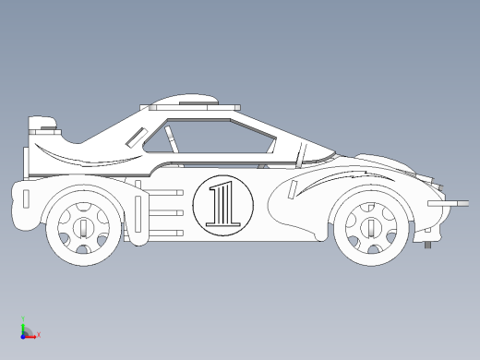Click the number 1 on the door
point(223,204)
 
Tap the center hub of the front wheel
point(371,228)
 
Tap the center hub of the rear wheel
point(83,228)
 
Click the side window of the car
point(210,137)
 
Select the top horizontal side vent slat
point(166,193)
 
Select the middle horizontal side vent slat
point(166,213)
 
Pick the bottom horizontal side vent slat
point(166,234)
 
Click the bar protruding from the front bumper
point(449,203)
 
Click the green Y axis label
point(23,318)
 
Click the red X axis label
point(39,334)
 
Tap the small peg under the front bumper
point(427,245)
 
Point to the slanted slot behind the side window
point(137,137)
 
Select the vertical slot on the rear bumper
point(26,198)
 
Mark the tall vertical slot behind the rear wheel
point(138,214)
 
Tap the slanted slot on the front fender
point(293,190)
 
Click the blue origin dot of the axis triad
point(23,337)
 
